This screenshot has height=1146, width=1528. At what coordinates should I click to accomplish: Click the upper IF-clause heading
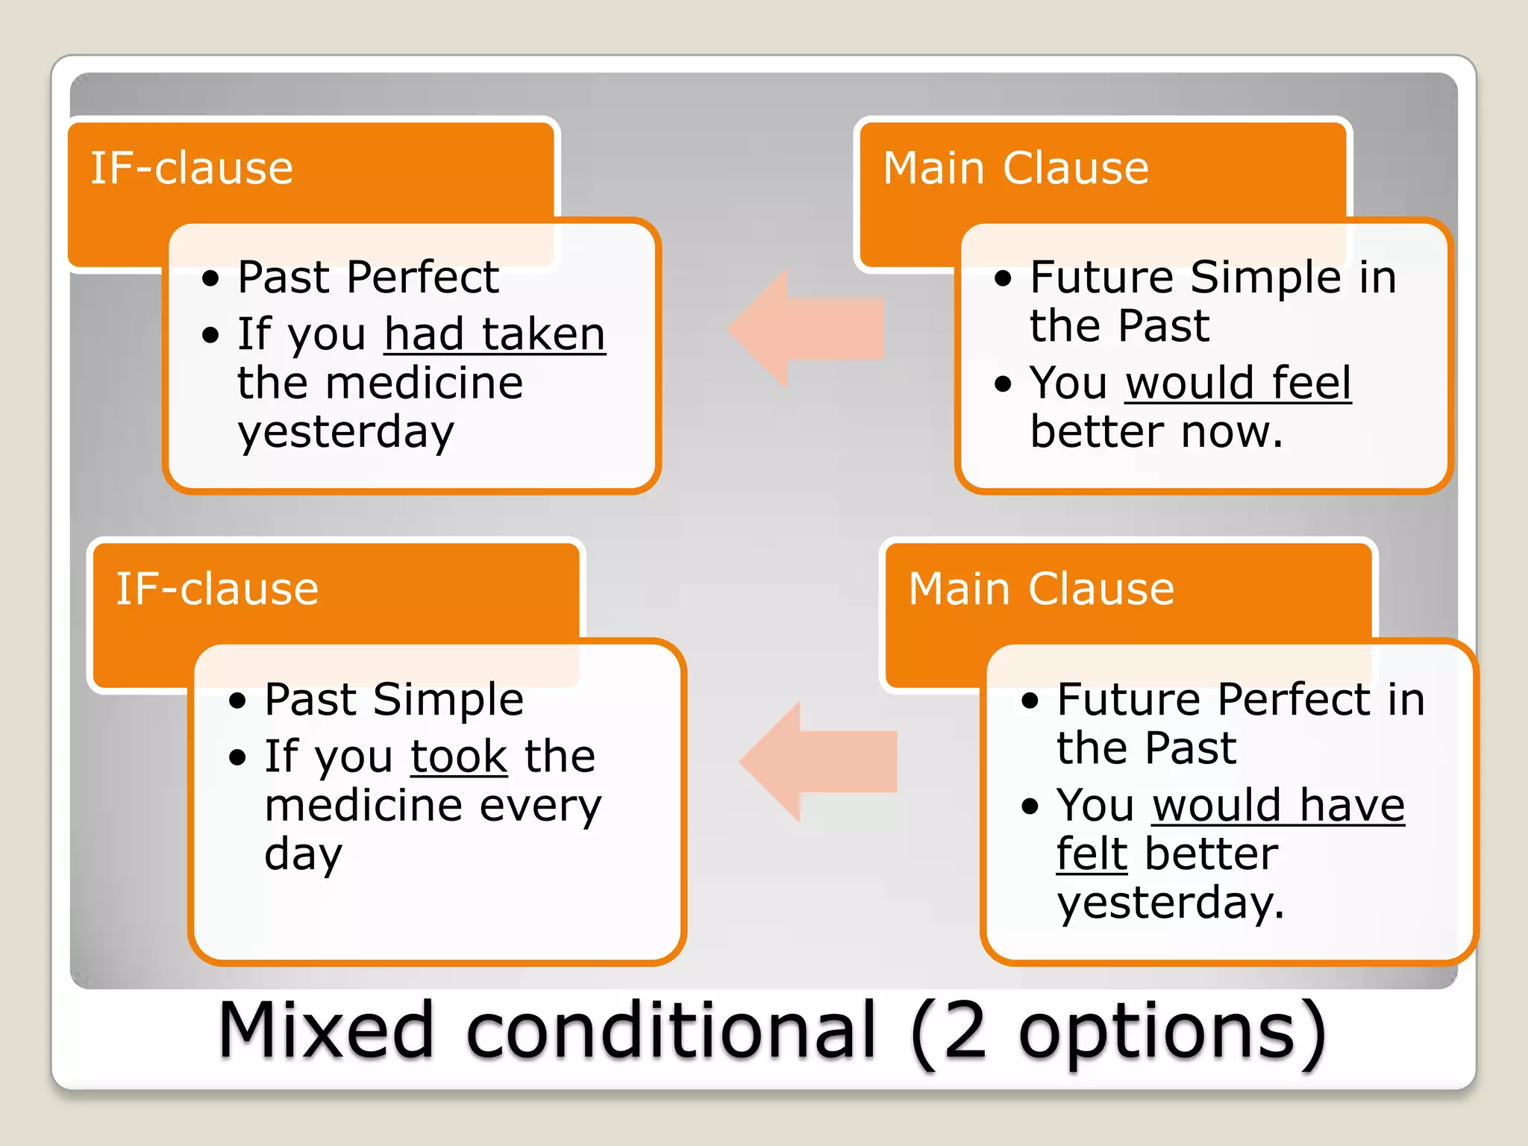pyautogui.click(x=192, y=168)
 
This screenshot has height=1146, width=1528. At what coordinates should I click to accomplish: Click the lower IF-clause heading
pyautogui.click(x=217, y=589)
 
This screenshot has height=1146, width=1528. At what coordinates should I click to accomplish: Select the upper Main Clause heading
pyautogui.click(x=1015, y=168)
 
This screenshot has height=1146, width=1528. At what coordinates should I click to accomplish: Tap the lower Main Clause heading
pyautogui.click(x=1041, y=589)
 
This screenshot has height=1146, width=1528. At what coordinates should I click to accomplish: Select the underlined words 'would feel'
pyautogui.click(x=1238, y=383)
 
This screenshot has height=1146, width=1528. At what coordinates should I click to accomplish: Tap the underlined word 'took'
pyautogui.click(x=459, y=757)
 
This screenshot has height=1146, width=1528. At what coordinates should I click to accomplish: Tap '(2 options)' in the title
pyautogui.click(x=1118, y=1032)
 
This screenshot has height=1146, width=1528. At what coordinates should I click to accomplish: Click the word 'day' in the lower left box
pyautogui.click(x=303, y=855)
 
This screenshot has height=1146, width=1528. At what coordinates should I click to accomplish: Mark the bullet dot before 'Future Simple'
pyautogui.click(x=1003, y=279)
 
